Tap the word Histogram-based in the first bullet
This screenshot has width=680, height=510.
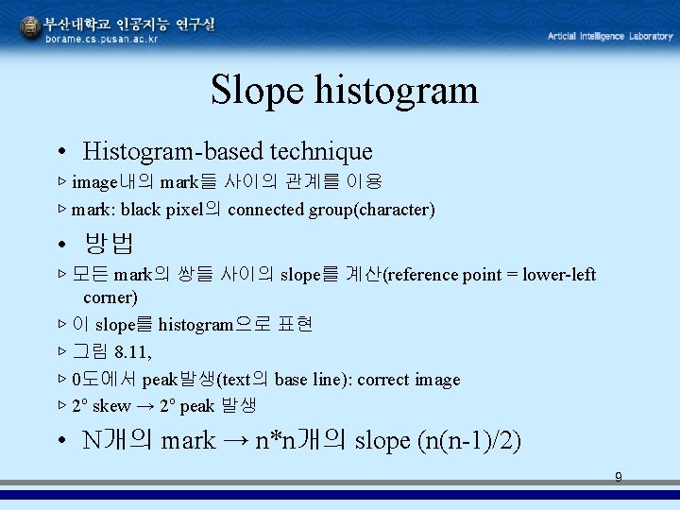(x=173, y=151)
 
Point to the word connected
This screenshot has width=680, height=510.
(x=266, y=210)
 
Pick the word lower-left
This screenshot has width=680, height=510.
(x=561, y=275)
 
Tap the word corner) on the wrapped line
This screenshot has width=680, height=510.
(x=110, y=297)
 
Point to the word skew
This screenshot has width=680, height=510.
(x=111, y=406)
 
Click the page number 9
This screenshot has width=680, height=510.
(x=619, y=478)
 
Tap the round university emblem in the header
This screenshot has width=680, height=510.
(x=31, y=29)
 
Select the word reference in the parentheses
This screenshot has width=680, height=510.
(x=422, y=275)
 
